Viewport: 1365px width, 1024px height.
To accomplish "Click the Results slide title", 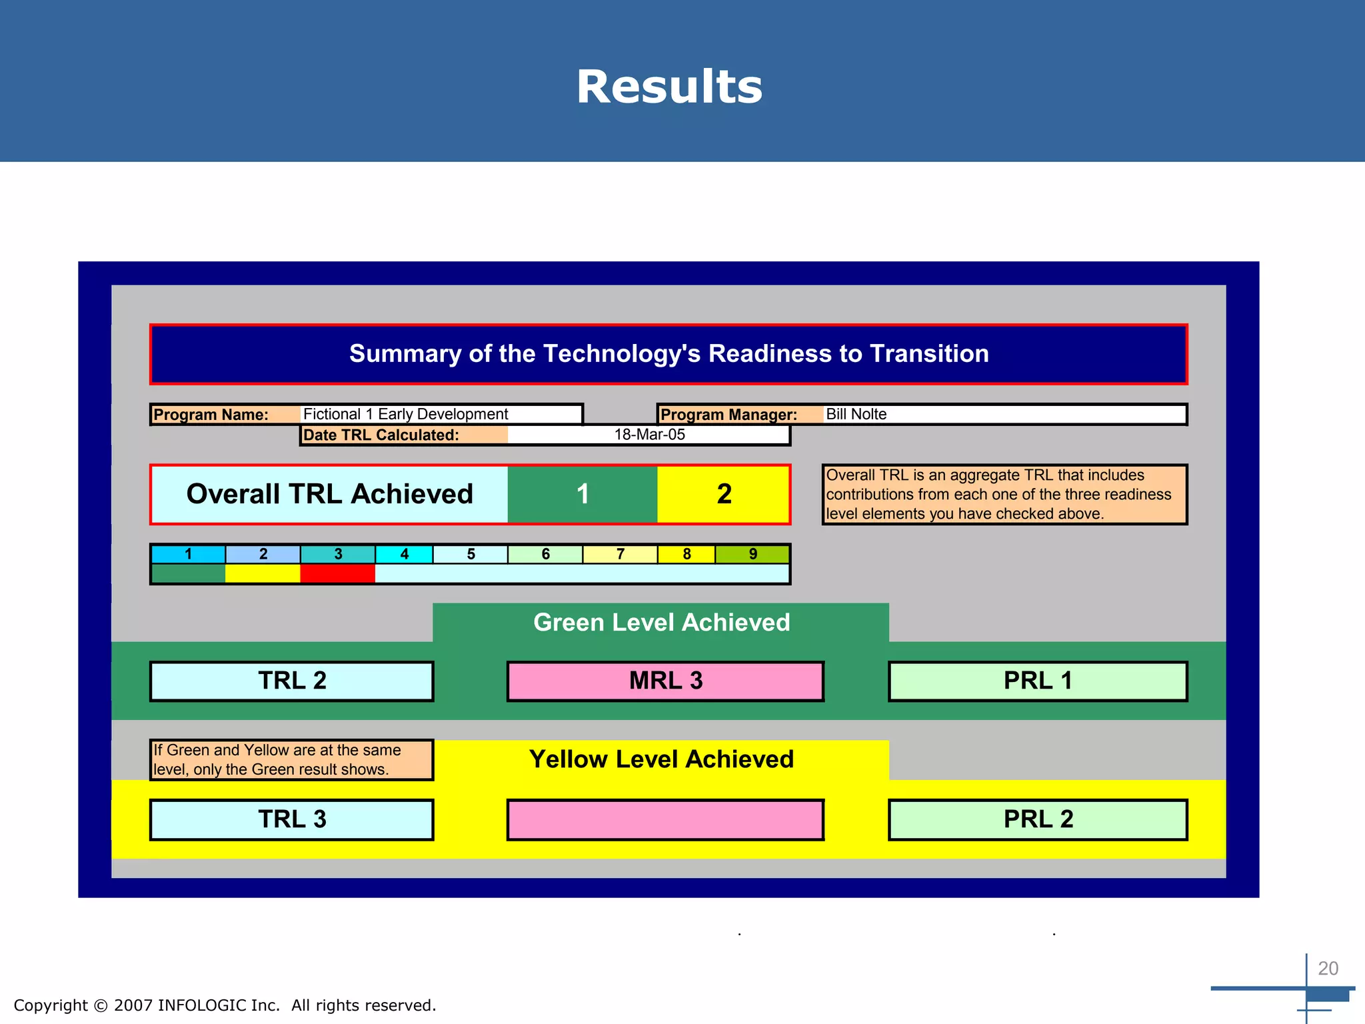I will pos(669,87).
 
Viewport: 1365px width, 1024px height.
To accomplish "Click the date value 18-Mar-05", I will pos(649,435).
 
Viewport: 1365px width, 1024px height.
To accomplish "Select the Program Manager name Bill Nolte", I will pos(856,414).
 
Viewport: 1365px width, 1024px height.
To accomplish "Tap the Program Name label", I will pos(211,415).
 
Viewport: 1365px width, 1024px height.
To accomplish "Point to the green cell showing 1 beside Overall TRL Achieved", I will pos(583,494).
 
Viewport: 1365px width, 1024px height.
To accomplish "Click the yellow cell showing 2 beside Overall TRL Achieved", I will pos(724,494).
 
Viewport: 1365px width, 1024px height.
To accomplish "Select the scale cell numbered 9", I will pos(752,554).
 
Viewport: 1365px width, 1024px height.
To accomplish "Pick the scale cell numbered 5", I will pos(471,554).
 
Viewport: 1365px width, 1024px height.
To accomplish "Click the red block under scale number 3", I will pos(337,573).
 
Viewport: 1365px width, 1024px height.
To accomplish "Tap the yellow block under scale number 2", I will pos(263,573).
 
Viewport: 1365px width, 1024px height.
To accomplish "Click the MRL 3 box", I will pos(665,681).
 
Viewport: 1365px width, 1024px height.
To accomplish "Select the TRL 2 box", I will pos(292,681).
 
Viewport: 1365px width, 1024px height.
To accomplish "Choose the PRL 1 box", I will pos(1038,681).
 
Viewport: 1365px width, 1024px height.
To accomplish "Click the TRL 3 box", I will pos(292,819).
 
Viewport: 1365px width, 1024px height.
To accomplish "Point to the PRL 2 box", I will pos(1038,819).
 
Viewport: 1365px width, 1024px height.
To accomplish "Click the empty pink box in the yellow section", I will pos(665,819).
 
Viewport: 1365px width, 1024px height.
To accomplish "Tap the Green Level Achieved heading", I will pos(661,622).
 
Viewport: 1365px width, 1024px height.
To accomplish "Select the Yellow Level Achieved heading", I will pos(661,759).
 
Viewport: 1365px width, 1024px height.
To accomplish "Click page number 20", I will pos(1328,968).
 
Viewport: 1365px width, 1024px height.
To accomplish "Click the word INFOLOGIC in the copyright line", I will pos(202,1005).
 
